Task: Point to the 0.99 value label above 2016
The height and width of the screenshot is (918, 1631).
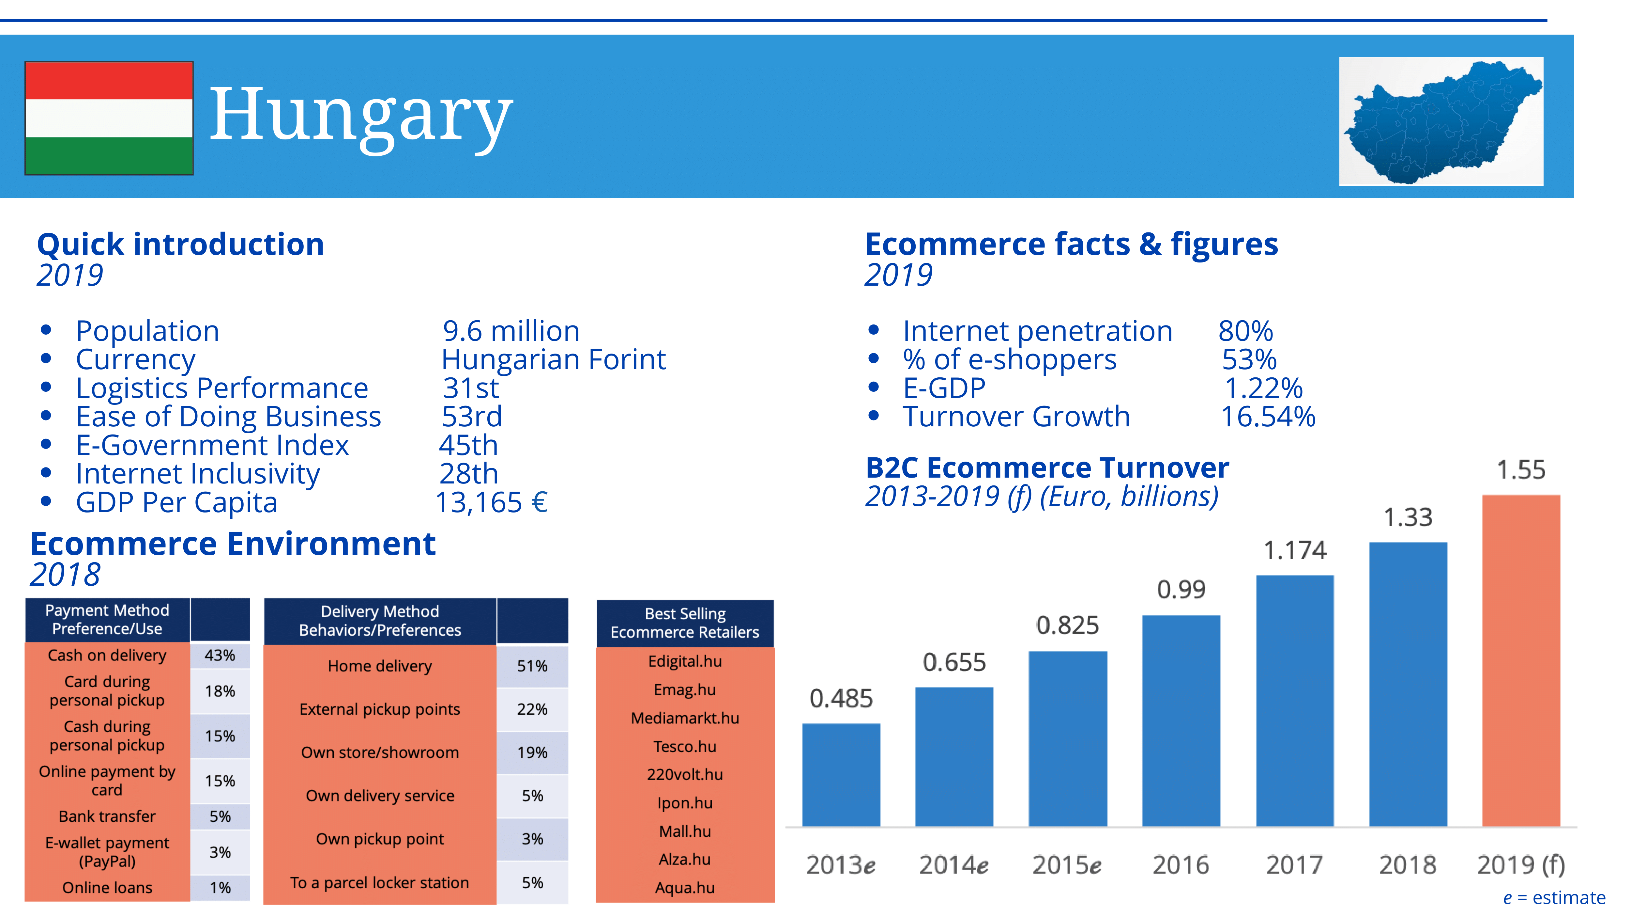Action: pyautogui.click(x=1181, y=590)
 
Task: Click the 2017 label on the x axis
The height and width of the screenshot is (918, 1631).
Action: pyautogui.click(x=1294, y=865)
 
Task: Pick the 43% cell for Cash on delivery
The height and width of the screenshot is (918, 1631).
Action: pyautogui.click(x=220, y=655)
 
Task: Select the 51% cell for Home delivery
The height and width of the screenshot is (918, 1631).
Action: pyautogui.click(x=532, y=666)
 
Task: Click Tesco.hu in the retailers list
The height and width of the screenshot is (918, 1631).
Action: pyautogui.click(x=684, y=746)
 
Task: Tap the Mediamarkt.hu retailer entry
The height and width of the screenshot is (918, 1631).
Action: pyautogui.click(x=684, y=718)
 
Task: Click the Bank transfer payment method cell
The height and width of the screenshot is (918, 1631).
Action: pyautogui.click(x=107, y=816)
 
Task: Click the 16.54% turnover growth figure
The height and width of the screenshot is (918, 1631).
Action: pyautogui.click(x=1268, y=417)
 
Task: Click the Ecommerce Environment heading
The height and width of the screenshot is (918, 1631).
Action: pyautogui.click(x=233, y=544)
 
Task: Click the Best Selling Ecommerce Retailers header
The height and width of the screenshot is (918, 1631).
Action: pyautogui.click(x=684, y=623)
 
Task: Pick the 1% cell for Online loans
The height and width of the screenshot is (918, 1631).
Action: pyautogui.click(x=220, y=888)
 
